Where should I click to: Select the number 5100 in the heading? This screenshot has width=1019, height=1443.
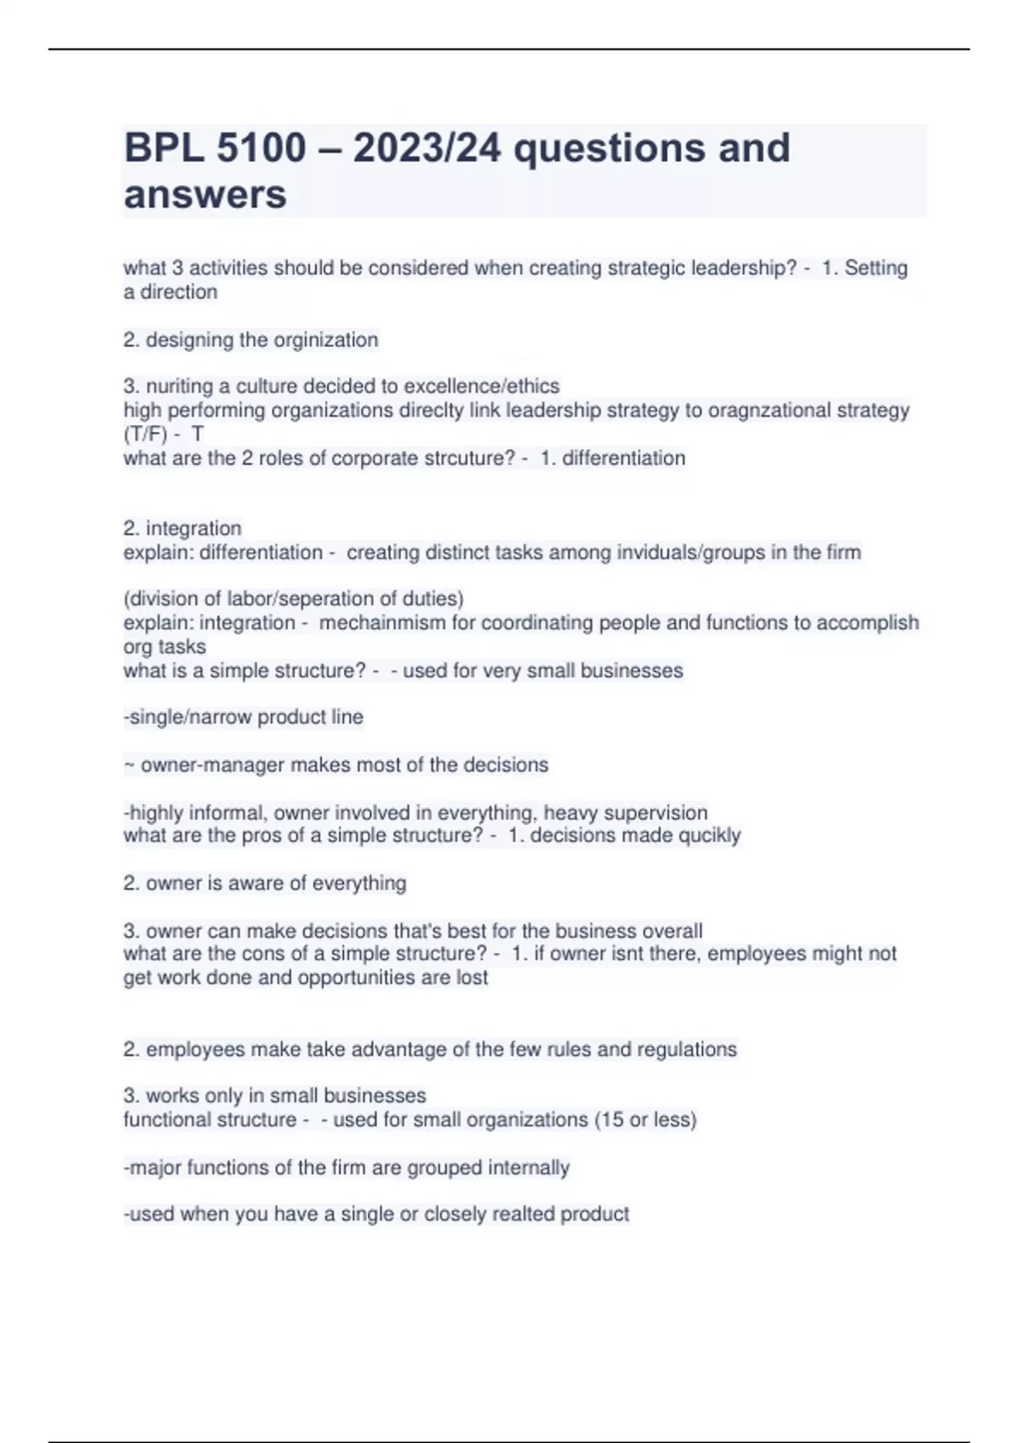coord(261,148)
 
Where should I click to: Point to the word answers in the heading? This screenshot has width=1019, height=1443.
coord(205,194)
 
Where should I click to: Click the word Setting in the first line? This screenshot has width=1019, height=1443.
coord(875,268)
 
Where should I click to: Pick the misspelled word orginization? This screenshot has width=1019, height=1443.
coord(325,340)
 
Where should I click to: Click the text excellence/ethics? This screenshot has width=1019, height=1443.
coord(481,386)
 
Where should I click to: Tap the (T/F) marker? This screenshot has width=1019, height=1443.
coord(145,435)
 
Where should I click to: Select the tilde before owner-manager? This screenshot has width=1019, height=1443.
coord(128,766)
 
